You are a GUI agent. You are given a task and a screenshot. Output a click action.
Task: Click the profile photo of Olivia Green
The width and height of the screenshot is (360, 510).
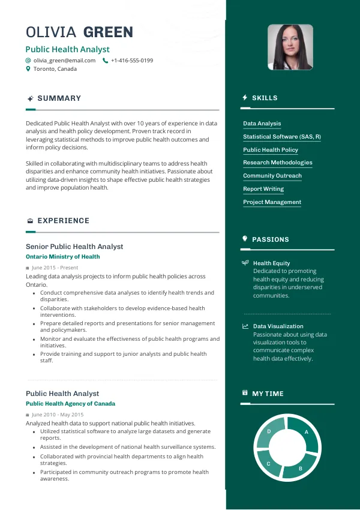[290, 47]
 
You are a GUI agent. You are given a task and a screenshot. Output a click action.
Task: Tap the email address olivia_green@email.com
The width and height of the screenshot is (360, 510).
[64, 61]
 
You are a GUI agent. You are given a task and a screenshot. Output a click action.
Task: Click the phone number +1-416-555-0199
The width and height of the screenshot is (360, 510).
[132, 61]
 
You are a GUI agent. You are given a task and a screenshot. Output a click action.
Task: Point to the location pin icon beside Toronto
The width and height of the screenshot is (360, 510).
[28, 69]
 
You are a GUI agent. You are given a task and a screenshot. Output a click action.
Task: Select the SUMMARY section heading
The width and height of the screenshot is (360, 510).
[59, 98]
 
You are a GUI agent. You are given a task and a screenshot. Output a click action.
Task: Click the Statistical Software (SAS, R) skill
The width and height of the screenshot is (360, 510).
[281, 137]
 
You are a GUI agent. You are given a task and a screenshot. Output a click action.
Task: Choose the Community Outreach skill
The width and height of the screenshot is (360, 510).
[272, 176]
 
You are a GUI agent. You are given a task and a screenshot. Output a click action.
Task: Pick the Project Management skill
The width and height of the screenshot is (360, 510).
[272, 202]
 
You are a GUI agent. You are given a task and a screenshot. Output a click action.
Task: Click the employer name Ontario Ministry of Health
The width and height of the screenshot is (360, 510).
[62, 257]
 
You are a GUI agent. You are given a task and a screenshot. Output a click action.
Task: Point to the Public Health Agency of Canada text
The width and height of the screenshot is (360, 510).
[70, 404]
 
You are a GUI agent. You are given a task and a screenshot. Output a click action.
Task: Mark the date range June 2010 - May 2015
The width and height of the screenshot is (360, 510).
[58, 415]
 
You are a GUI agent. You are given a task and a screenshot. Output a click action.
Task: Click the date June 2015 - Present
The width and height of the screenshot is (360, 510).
[55, 268]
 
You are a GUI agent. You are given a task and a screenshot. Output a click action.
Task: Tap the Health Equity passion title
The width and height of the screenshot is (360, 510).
[271, 263]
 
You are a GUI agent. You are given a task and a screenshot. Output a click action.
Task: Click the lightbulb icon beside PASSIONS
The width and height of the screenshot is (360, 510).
[245, 239]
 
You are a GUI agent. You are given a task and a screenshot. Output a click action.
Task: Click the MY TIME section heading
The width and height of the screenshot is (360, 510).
[268, 394]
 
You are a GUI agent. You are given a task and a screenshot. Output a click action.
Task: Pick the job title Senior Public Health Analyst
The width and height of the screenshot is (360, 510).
[74, 247]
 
